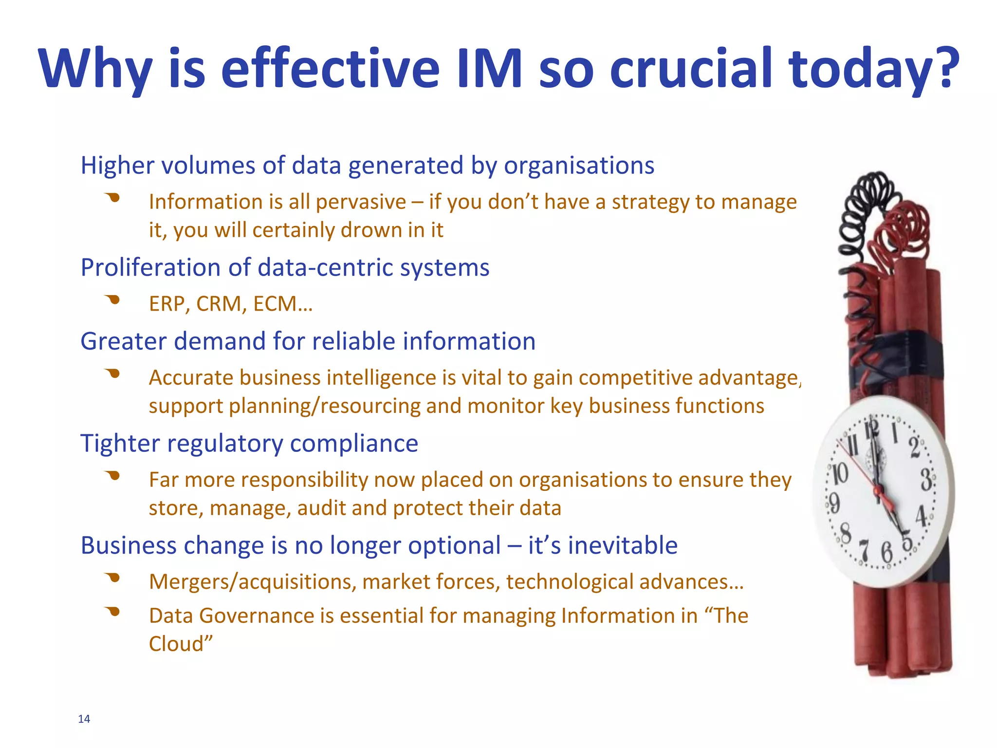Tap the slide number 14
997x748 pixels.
84,719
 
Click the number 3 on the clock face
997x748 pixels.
926,479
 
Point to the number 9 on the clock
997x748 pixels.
834,503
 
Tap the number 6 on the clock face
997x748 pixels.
887,553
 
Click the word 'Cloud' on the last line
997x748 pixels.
177,644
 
